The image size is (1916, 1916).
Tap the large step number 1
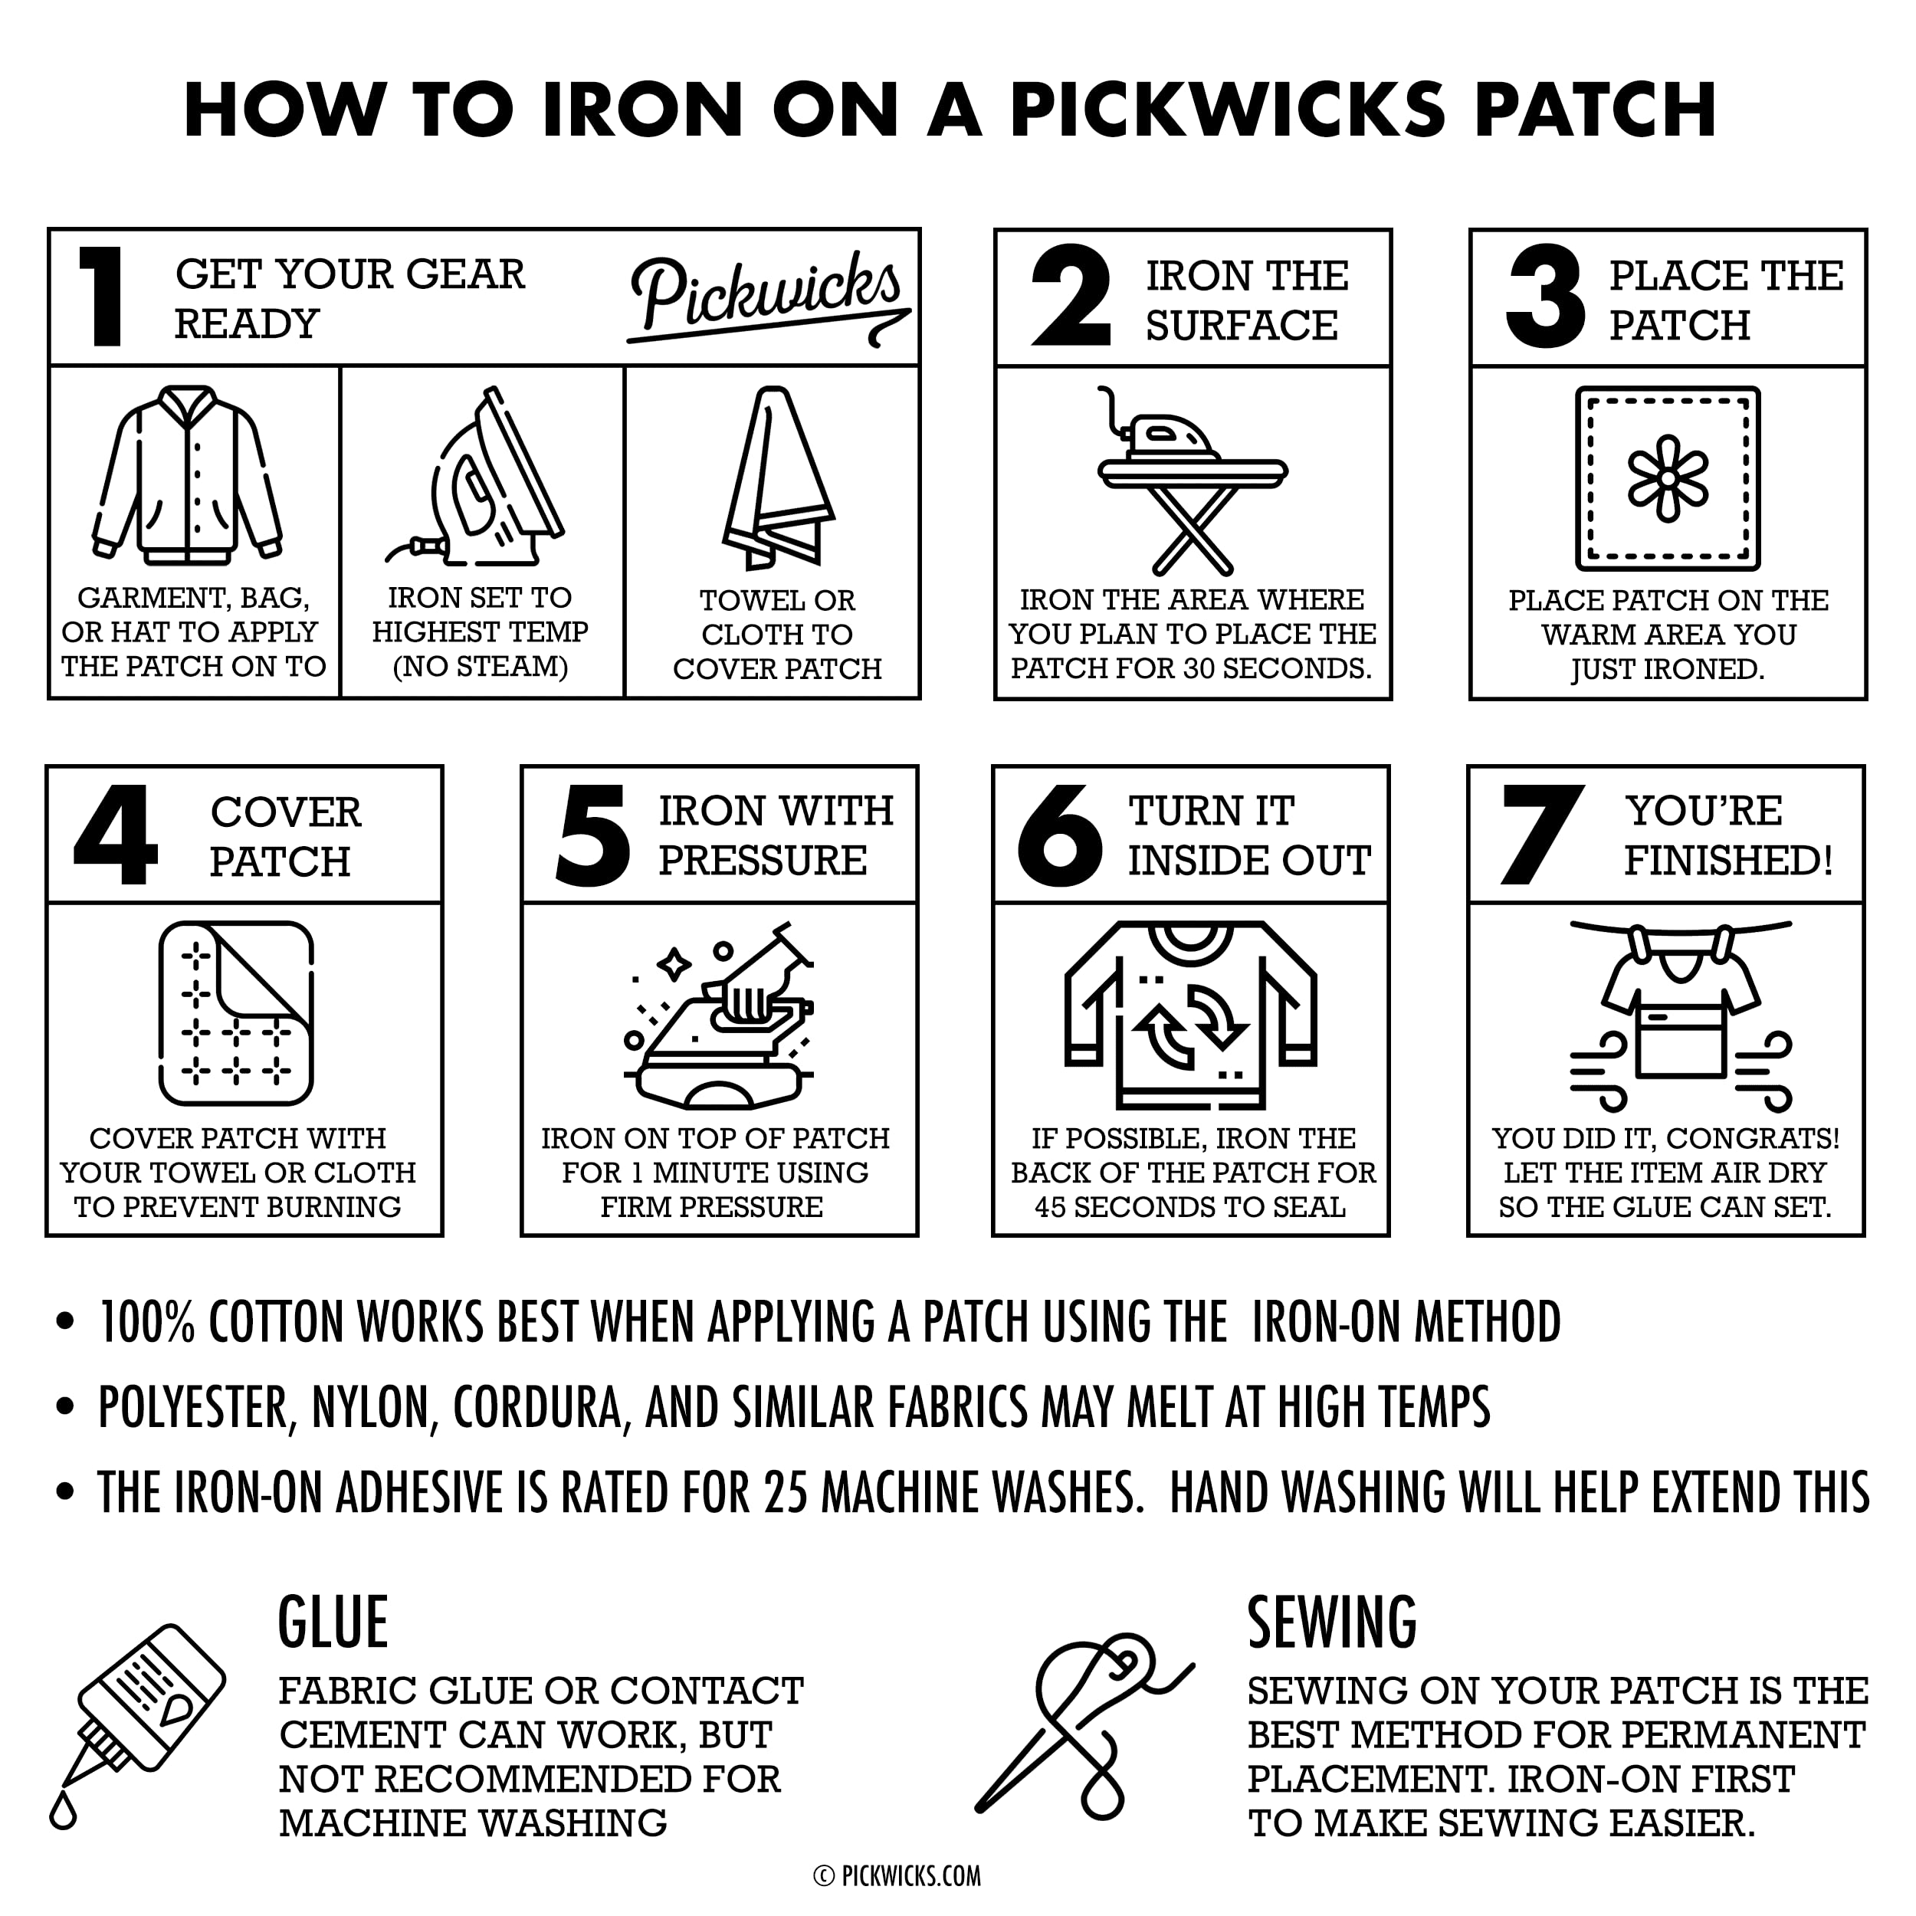pyautogui.click(x=101, y=297)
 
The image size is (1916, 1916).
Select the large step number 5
pyautogui.click(x=593, y=835)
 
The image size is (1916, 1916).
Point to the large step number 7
pyautogui.click(x=1541, y=835)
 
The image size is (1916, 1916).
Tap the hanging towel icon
pyautogui.click(x=777, y=478)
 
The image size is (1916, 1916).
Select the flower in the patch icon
pyautogui.click(x=1668, y=478)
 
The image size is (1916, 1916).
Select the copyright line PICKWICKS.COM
pyautogui.click(x=897, y=1875)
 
